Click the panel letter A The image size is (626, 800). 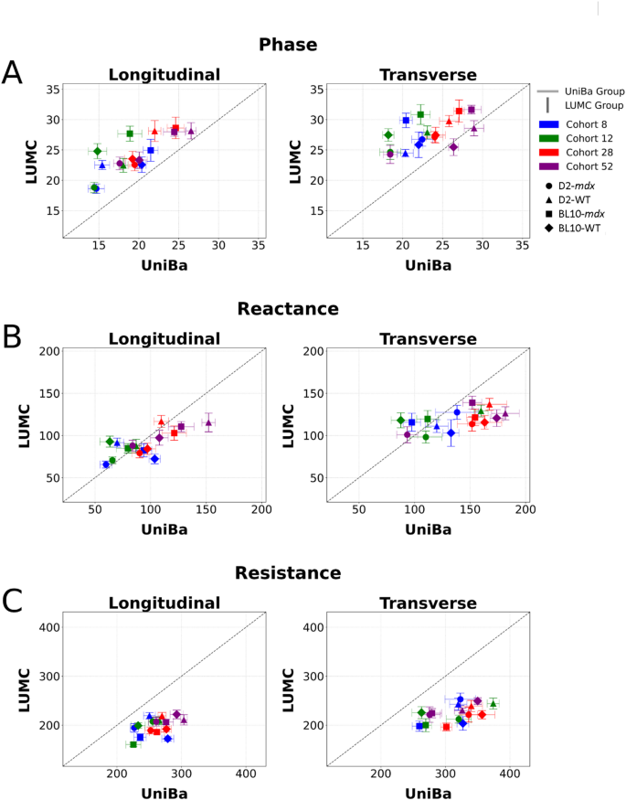click(x=13, y=73)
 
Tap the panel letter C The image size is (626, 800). click(x=13, y=601)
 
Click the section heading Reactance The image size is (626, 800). click(x=288, y=308)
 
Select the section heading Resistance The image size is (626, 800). click(x=288, y=573)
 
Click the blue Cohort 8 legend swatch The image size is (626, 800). click(x=548, y=123)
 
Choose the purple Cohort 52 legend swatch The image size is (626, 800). click(x=548, y=166)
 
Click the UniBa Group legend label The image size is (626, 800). click(x=594, y=91)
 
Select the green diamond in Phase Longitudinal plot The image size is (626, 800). click(x=97, y=151)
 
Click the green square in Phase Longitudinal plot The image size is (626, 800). click(x=130, y=133)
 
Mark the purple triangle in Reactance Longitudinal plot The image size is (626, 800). click(x=208, y=422)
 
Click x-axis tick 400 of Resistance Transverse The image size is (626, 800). click(x=510, y=773)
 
